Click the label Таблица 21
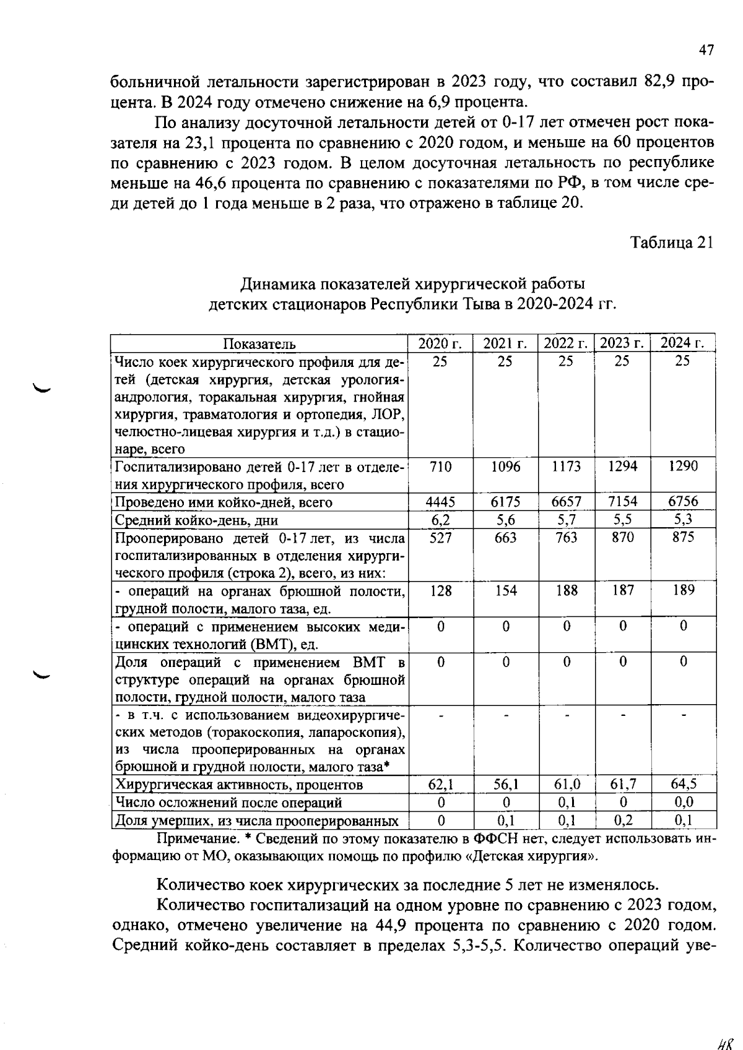coord(672,243)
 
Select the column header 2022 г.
coord(565,343)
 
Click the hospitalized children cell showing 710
coord(440,467)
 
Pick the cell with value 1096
coord(505,467)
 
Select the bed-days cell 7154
coord(622,502)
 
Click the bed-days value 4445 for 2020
coord(440,502)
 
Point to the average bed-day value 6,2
coord(440,520)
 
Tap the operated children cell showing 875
coord(684,537)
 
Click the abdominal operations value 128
coord(440,591)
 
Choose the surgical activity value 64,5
coord(684,785)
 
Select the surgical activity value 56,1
coord(505,785)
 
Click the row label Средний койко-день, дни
coord(197,520)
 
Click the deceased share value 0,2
coord(622,820)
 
